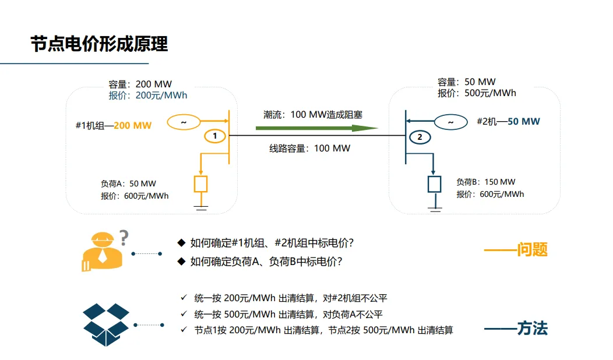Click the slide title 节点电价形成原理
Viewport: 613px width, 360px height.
click(99, 44)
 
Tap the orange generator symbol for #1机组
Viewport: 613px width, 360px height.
click(184, 122)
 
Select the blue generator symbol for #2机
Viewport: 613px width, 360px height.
click(450, 122)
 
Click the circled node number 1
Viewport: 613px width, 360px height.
click(215, 136)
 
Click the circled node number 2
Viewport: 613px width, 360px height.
click(419, 137)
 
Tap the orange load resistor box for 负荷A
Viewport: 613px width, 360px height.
click(201, 184)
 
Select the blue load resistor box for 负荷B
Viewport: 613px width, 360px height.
click(435, 184)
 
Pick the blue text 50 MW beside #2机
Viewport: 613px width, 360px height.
click(523, 122)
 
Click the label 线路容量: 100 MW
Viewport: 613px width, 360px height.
click(309, 149)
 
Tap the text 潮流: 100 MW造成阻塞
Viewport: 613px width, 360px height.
click(313, 115)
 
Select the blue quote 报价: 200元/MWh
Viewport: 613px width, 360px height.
click(148, 96)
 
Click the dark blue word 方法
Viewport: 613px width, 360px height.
click(532, 329)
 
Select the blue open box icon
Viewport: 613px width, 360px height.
click(106, 324)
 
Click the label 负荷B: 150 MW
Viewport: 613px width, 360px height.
click(486, 182)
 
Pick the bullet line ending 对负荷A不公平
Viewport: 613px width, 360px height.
click(288, 315)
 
